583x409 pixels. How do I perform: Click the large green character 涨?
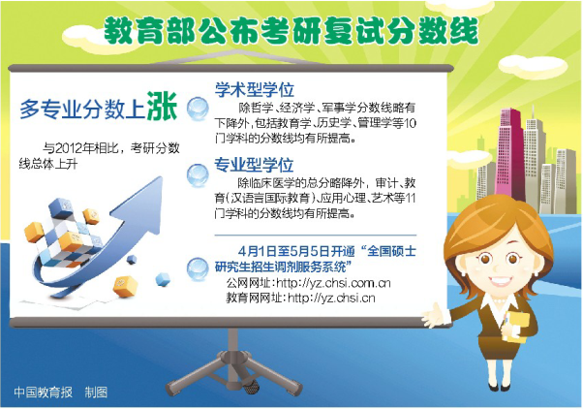[162, 106]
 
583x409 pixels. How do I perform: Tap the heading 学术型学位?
[255, 90]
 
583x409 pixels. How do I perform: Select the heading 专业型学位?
[254, 165]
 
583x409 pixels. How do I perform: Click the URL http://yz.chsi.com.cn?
[333, 283]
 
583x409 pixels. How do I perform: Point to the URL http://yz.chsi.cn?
[331, 298]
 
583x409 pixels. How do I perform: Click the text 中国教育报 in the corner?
[43, 393]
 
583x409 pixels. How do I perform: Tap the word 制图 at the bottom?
[96, 393]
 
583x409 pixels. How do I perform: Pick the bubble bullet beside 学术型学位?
[198, 109]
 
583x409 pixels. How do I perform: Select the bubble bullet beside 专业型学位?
[198, 174]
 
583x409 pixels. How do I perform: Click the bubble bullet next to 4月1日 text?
[198, 268]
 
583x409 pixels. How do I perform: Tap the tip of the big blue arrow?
[162, 178]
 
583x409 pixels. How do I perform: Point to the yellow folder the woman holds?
[516, 328]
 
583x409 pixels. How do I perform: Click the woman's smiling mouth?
[500, 281]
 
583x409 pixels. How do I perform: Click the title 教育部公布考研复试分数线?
[291, 31]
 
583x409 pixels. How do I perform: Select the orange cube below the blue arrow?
[124, 286]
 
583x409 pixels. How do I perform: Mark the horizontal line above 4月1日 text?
[316, 236]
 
